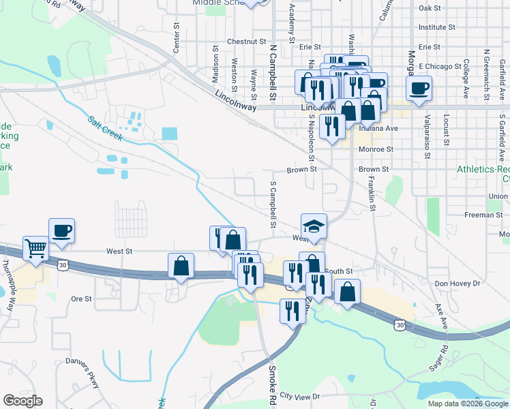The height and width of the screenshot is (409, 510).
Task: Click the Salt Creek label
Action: click(104, 129)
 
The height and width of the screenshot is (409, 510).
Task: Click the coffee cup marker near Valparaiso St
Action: click(419, 87)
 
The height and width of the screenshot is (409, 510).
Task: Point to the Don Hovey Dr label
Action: click(457, 283)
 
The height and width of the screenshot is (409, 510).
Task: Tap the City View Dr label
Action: click(299, 396)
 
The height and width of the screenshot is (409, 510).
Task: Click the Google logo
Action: click(22, 401)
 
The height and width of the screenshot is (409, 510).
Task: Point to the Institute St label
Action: click(436, 27)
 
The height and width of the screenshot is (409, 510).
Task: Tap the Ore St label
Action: click(81, 299)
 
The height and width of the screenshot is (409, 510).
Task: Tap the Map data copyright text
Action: click(467, 404)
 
